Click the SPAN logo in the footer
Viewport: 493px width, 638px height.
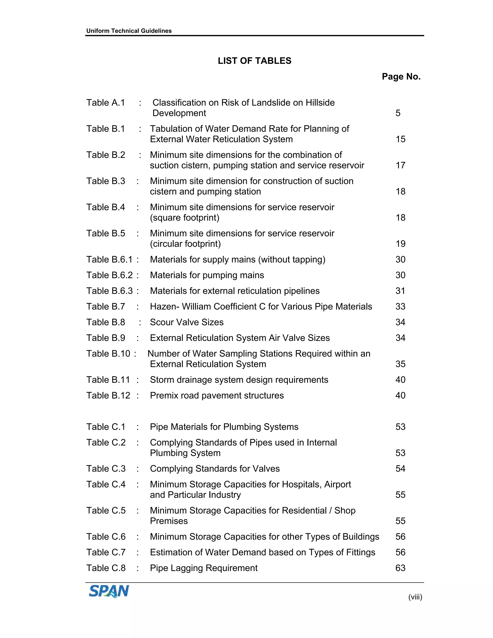[109, 591]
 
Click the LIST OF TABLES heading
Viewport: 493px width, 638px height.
[254, 61]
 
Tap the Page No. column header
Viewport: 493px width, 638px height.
[401, 77]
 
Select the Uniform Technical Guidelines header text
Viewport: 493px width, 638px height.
[129, 31]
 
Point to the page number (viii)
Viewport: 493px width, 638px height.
[415, 597]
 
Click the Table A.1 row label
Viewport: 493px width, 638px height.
[105, 103]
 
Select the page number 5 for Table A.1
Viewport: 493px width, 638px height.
[398, 113]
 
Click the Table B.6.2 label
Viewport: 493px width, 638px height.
[110, 275]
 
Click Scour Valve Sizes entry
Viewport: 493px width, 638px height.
[187, 322]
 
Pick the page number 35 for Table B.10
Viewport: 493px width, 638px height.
[400, 364]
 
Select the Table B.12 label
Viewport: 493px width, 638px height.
[108, 395]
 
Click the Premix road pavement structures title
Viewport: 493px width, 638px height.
[217, 395]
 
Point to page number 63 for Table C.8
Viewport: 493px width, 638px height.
[400, 568]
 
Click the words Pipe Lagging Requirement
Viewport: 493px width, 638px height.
[204, 568]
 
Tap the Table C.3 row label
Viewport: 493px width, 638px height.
[106, 469]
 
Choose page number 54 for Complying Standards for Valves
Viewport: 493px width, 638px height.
[400, 469]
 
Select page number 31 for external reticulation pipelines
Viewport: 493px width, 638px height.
[400, 291]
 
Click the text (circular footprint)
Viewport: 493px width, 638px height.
[185, 244]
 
